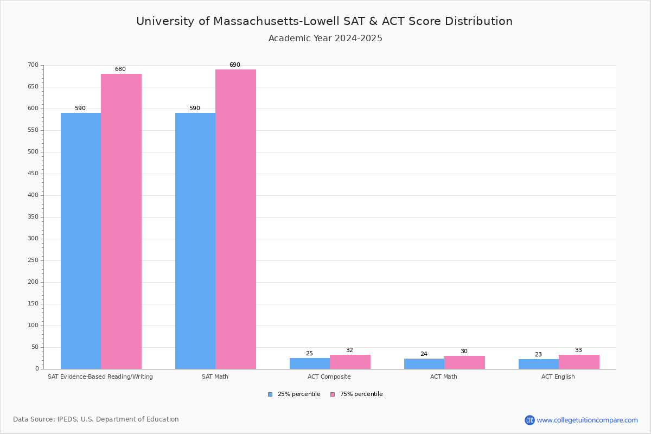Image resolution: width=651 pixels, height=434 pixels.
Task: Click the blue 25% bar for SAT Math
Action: (x=195, y=241)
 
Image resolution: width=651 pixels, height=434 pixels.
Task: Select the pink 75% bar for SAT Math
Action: (x=235, y=219)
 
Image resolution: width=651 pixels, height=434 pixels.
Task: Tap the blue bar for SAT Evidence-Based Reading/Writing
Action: (x=81, y=241)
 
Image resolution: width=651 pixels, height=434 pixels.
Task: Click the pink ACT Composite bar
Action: (x=350, y=362)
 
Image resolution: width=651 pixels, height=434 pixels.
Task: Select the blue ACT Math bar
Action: (x=424, y=363)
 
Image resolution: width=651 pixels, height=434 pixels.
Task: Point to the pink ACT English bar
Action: (x=579, y=362)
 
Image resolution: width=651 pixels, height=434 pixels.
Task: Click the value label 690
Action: (x=234, y=65)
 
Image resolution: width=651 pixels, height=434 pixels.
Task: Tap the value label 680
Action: (x=120, y=69)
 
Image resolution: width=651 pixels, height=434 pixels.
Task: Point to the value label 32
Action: (x=349, y=350)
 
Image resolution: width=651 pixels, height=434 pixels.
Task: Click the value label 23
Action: (x=538, y=355)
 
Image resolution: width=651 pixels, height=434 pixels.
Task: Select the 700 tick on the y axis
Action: (x=33, y=65)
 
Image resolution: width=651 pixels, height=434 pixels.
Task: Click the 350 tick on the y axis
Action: (x=33, y=217)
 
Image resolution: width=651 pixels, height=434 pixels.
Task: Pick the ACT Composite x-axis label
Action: (x=329, y=376)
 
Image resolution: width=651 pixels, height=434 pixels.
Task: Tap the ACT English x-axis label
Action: (x=558, y=376)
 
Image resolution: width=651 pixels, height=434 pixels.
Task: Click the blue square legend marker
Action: (x=270, y=394)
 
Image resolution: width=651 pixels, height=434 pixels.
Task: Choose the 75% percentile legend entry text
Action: (x=361, y=394)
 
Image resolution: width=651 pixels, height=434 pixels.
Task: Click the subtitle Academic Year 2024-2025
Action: (x=325, y=39)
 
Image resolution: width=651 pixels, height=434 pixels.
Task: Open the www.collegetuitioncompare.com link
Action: (x=587, y=420)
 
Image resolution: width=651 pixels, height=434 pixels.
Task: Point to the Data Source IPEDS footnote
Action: (x=96, y=419)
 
